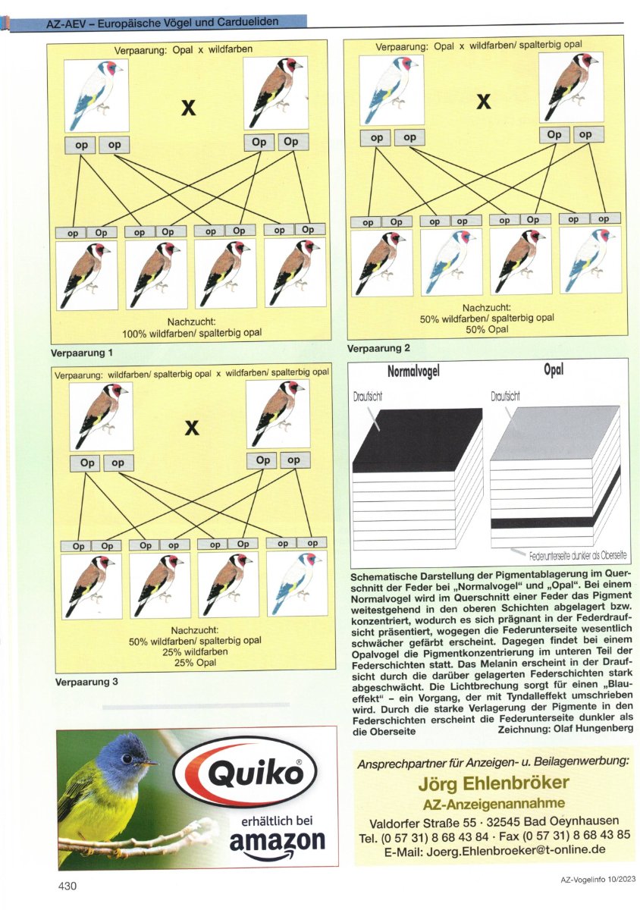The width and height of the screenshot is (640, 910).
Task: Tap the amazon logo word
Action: coord(277,843)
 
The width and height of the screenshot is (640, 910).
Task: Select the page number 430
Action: coord(67,885)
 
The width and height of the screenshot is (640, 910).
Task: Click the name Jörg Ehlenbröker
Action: coord(494,783)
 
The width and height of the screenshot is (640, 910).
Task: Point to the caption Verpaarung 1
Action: coord(81,353)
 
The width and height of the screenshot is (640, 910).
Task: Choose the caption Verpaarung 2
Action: coord(378,348)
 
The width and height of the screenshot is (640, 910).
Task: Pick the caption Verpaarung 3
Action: coord(86,682)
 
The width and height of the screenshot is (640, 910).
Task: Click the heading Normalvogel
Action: coord(413,371)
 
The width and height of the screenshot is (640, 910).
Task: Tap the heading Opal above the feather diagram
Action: coord(554,369)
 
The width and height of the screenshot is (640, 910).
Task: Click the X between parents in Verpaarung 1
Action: coord(189,108)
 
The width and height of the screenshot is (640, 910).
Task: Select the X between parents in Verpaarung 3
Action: coord(192,428)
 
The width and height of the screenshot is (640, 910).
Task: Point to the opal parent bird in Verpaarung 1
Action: coord(96,96)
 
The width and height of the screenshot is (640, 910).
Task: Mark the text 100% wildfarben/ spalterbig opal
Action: coord(192,333)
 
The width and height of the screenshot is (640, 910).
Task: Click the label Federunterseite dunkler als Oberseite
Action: coord(577,555)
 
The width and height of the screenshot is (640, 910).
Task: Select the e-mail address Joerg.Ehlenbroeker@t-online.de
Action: coord(494,850)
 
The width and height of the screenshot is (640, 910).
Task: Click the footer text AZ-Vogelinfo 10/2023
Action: coord(598,879)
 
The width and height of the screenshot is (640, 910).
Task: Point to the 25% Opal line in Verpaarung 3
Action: coord(196,663)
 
